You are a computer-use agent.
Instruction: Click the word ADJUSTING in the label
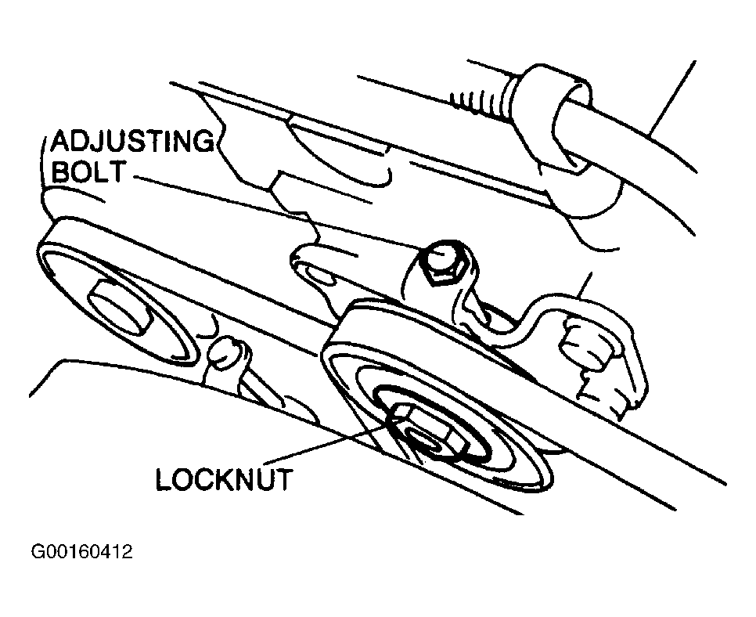(131, 143)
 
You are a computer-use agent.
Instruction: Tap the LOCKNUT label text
(223, 479)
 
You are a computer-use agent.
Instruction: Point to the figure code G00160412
(81, 552)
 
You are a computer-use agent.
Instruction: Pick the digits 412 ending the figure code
(117, 552)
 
